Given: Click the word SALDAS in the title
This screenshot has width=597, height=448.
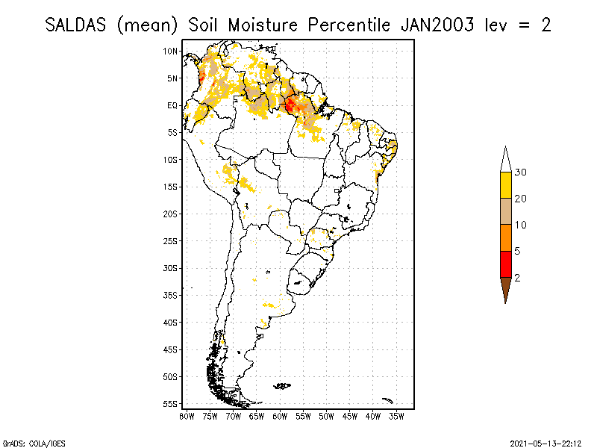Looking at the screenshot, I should (77, 25).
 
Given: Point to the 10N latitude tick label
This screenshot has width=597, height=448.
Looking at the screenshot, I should (171, 51).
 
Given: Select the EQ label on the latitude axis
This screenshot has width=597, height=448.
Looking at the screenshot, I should (172, 105).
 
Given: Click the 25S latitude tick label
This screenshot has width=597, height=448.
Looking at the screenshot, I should (171, 240).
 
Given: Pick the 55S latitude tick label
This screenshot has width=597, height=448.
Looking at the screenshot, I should (171, 403).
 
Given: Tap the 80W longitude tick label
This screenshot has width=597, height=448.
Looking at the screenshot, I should (187, 415).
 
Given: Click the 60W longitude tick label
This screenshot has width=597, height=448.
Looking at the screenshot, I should (280, 415).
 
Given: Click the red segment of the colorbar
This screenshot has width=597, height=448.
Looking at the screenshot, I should (505, 264).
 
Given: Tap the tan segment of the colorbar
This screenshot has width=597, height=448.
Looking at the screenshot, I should (505, 211).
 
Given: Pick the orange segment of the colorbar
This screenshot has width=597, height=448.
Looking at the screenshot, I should (505, 237).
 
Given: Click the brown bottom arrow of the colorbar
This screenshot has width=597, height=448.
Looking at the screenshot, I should (505, 288).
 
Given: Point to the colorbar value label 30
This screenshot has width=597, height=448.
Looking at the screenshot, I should (521, 172).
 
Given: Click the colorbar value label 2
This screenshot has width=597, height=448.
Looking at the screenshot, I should (517, 277).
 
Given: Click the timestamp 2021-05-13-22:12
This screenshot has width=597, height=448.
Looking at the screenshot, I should (546, 442).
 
